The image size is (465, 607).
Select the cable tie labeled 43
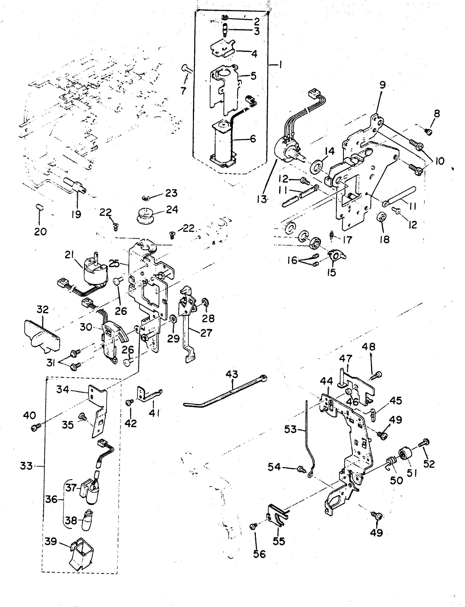[x=224, y=393]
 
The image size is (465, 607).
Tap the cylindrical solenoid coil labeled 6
[x=223, y=144]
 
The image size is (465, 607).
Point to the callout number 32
[x=42, y=309]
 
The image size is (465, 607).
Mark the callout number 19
[x=76, y=214]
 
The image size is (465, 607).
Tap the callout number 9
[x=382, y=85]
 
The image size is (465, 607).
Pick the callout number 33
[x=26, y=466]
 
